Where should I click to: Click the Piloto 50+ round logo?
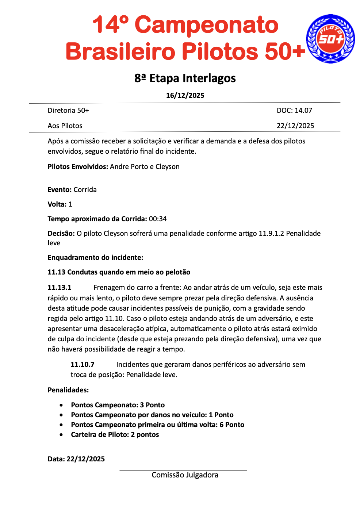coord(330,39)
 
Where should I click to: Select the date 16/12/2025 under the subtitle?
coord(185,96)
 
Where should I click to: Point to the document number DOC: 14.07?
coord(294,110)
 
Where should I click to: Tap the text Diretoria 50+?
coord(68,110)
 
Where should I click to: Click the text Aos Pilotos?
coord(65,126)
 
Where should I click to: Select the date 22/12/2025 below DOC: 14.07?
coord(295,126)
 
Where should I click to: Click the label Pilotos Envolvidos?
coord(78,166)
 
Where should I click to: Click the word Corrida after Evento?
coord(85,189)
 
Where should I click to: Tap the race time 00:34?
coord(158,219)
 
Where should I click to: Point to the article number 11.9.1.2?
coord(271,233)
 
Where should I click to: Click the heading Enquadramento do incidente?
coord(95,257)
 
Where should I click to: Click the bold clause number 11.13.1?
coord(60,287)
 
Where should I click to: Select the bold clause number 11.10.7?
coord(83,364)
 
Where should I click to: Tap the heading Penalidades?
coord(68,390)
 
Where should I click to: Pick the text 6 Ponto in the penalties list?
coord(232,425)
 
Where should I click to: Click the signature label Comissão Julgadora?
coord(185,475)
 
